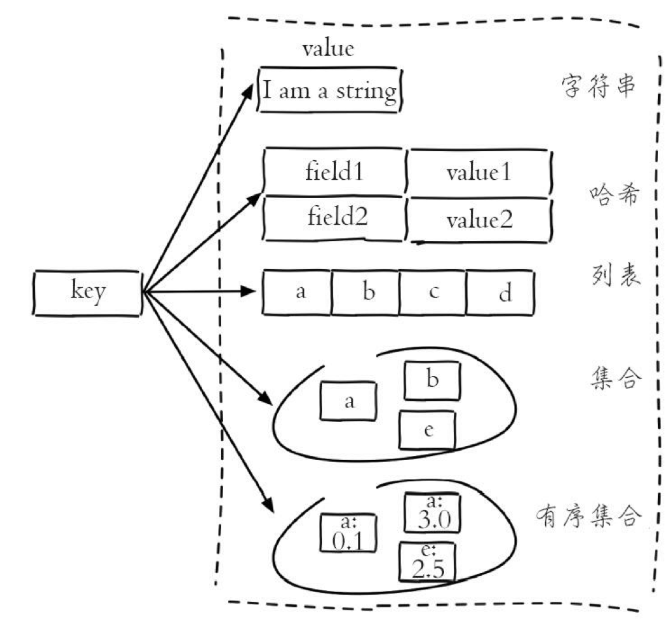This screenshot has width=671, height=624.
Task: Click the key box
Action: coord(87,294)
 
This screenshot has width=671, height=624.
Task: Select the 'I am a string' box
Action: coord(329,90)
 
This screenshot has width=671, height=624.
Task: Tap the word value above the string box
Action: coord(327,50)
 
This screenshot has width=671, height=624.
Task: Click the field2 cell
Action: coord(337,216)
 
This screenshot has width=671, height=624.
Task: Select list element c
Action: coord(432,292)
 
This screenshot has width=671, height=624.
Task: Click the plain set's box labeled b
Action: coord(432,381)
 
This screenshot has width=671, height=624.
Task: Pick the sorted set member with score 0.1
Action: coord(348,533)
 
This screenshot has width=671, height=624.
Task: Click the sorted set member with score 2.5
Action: coord(428,562)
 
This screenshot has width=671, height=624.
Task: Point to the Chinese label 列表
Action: coord(612,274)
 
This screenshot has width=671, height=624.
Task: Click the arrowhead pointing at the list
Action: coord(246,291)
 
